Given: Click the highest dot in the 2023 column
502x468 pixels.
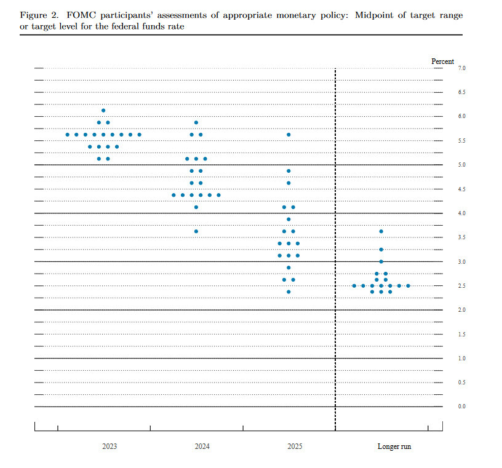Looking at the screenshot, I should tap(103, 111).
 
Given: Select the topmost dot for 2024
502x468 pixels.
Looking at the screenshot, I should tap(196, 122).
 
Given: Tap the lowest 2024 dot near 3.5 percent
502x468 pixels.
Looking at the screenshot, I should tap(196, 231).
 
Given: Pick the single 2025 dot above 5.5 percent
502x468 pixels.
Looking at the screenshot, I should tap(289, 135).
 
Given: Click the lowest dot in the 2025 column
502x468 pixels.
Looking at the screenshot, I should tap(289, 292).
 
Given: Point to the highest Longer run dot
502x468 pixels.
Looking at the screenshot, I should tap(381, 231).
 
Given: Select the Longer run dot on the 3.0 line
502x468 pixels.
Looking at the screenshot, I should tap(381, 261).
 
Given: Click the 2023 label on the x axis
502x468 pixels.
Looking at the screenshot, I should tap(110, 446).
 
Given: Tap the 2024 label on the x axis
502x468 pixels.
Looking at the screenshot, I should tap(202, 446).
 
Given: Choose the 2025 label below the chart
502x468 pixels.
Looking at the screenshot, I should tap(295, 446).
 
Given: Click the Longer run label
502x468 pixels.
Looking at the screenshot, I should tap(394, 446).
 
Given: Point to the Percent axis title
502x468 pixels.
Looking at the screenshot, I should tap(443, 61).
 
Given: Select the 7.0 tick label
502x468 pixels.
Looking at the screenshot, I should tap(461, 68).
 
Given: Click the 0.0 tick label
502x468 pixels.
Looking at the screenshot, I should tap(461, 407).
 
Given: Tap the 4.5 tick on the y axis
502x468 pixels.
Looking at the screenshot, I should tap(461, 189).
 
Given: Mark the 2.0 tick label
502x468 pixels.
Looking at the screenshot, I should tap(461, 310).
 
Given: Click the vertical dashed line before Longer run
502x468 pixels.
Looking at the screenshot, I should tap(335, 246).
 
